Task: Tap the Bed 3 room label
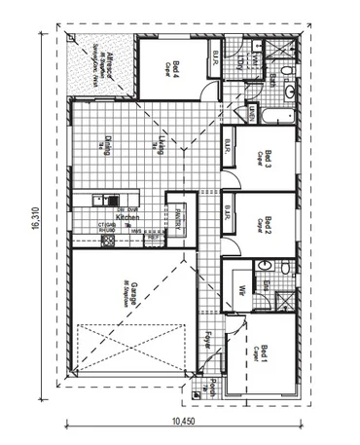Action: tap(267, 161)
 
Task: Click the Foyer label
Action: tap(209, 340)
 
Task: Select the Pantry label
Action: tap(180, 213)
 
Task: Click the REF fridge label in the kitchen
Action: tap(154, 235)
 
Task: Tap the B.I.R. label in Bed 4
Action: tap(212, 64)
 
